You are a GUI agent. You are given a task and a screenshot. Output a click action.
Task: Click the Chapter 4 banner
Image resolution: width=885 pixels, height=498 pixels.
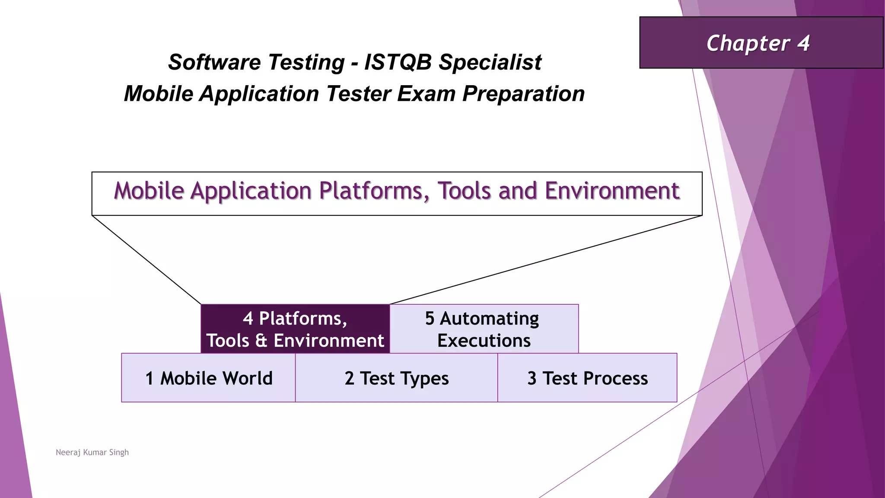761,43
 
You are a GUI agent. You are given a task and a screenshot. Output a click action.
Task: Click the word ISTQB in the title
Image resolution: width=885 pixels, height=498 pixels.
398,62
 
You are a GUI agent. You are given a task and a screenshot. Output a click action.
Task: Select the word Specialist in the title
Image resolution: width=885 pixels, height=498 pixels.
490,62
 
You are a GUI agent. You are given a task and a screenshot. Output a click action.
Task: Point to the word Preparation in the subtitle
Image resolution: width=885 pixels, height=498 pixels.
523,94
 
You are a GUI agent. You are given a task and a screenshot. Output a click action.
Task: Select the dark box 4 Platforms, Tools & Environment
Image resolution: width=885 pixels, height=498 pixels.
295,329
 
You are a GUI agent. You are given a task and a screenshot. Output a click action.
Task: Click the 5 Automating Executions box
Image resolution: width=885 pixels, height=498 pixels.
484,329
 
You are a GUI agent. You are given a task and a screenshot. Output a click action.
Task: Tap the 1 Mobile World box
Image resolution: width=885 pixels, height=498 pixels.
209,378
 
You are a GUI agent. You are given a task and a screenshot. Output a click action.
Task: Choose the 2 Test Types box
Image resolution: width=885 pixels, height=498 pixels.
396,378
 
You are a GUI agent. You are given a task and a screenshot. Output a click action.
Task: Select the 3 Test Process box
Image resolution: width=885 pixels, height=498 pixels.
587,378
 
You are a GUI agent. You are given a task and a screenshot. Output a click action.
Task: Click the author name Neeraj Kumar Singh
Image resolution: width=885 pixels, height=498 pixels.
92,452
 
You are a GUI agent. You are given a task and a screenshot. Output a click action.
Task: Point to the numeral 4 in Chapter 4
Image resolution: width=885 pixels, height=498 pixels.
803,43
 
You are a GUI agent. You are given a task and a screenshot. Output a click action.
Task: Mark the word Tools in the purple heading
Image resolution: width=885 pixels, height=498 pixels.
465,191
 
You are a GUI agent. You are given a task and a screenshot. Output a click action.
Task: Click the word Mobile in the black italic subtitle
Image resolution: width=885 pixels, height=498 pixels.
158,94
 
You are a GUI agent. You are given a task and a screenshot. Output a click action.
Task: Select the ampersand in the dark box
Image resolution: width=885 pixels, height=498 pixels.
261,341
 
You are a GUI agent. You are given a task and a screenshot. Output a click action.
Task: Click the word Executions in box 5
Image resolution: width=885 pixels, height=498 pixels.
484,341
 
